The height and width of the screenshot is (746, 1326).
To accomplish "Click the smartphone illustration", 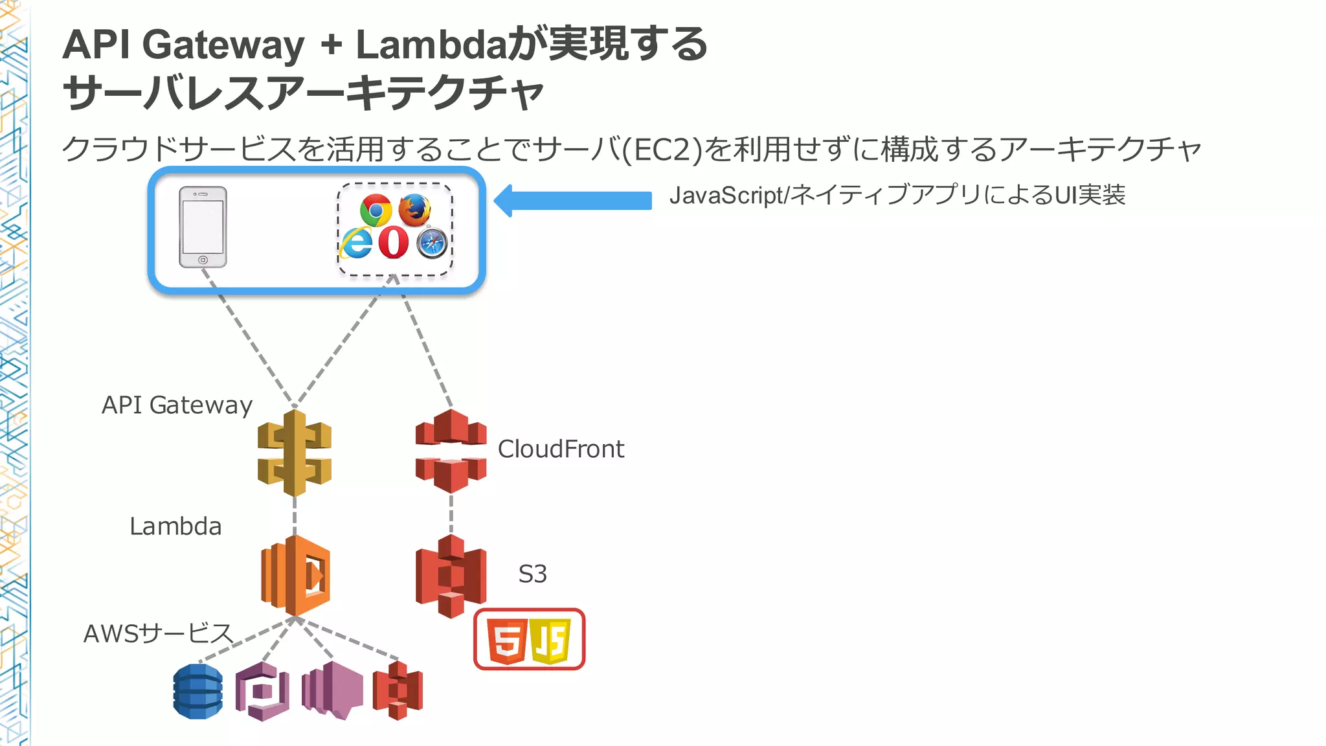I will click(203, 227).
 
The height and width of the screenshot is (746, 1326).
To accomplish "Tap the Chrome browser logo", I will click(376, 210).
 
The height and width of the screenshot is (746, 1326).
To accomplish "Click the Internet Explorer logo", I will click(357, 243).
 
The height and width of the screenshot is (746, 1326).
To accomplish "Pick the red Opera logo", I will click(394, 243).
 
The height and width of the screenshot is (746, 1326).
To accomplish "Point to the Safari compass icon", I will click(432, 243).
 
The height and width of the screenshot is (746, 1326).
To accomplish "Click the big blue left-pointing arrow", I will click(572, 200).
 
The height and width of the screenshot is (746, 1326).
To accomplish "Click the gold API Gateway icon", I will click(295, 453).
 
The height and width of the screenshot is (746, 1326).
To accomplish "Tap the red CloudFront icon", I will click(451, 451).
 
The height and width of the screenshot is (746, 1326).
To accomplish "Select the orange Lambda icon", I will click(295, 575).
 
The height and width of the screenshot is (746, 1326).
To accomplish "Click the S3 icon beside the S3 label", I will click(451, 576).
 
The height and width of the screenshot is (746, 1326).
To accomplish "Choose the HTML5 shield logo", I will click(506, 640).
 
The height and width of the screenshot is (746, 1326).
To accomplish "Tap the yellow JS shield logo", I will click(550, 640).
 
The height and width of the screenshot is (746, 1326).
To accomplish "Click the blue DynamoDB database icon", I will click(198, 691).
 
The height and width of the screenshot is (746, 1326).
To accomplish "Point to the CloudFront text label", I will click(561, 449).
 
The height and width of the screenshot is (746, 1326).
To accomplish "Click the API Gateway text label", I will click(177, 405).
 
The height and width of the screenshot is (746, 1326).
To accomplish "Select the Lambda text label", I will click(175, 526).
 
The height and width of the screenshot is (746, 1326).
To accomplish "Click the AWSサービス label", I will click(158, 633).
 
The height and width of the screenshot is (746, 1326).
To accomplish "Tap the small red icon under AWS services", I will click(398, 690).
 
